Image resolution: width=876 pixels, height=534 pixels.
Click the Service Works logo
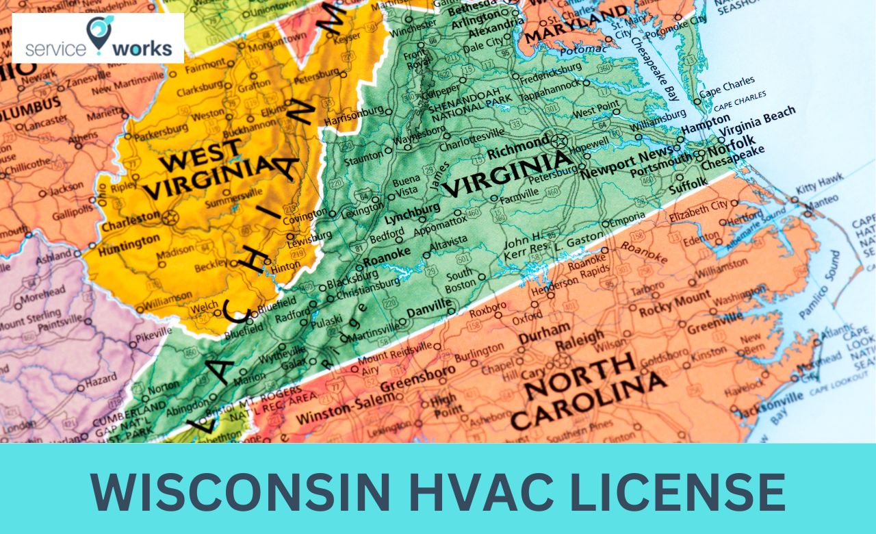click(98, 38)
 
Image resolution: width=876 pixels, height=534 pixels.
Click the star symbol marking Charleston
click(170, 218)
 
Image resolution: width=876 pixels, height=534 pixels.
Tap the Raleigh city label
click(580, 338)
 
